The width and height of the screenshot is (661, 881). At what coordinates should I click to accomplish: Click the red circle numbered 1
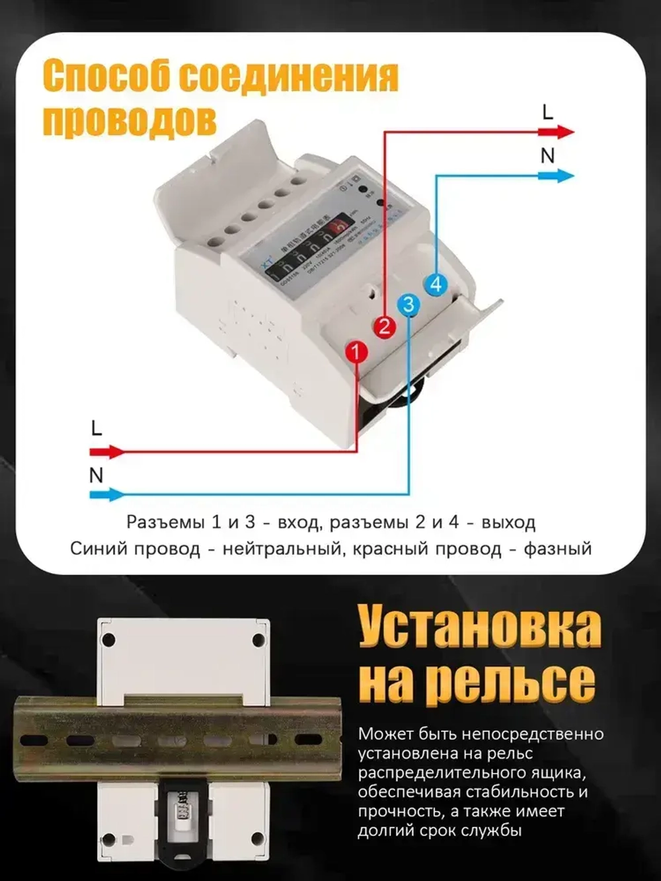[356, 352]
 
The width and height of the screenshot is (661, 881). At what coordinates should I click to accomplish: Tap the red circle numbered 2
[384, 326]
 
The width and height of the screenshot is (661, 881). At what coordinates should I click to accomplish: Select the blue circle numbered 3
[409, 304]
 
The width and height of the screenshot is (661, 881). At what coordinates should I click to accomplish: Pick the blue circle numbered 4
[435, 285]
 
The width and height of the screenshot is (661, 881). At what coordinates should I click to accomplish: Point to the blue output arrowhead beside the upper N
[564, 176]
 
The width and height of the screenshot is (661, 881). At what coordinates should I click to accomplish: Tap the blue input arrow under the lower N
[107, 494]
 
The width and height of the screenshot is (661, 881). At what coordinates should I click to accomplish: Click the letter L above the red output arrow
[547, 112]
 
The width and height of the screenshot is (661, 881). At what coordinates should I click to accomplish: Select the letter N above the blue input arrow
[96, 475]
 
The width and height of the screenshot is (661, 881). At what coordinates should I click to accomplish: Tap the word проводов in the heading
[130, 120]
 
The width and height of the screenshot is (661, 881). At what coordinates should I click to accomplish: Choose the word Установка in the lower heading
[480, 627]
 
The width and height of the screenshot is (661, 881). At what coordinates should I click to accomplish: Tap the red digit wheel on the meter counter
[340, 228]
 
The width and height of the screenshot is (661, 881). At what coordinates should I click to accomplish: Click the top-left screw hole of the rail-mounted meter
[108, 640]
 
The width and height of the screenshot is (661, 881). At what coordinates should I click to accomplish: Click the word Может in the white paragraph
[383, 734]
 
